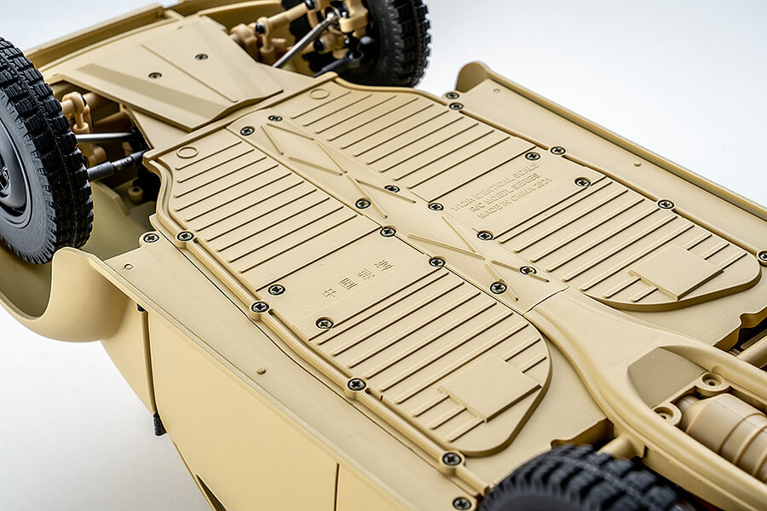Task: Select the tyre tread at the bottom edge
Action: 580,485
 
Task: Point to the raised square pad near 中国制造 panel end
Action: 489,388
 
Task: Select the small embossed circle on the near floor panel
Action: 187,152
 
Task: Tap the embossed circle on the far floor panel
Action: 319,94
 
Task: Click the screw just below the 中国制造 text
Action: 325,323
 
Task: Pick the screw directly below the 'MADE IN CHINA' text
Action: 485,235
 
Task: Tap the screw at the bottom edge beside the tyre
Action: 461,503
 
